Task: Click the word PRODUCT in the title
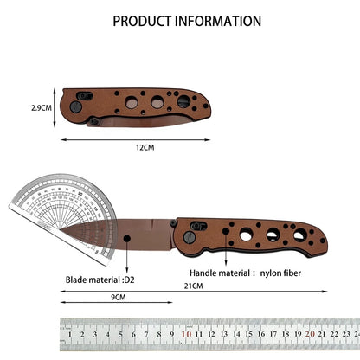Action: point(145,20)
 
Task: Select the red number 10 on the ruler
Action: point(186,332)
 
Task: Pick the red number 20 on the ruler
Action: point(310,332)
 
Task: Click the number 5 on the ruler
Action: point(123,332)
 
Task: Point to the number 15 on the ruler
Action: point(247,332)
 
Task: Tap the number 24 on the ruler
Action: point(357,332)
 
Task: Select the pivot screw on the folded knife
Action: point(76,106)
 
